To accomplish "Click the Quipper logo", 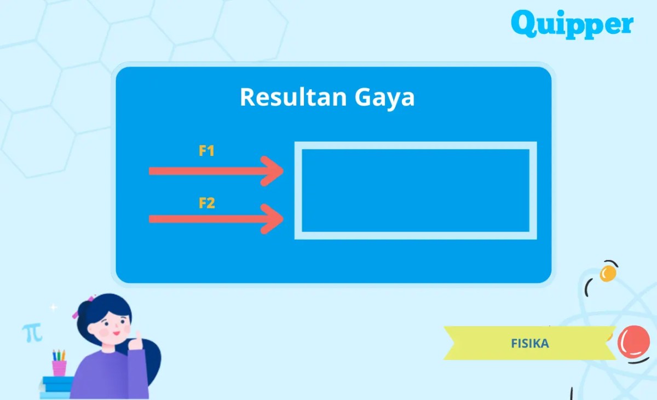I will (x=572, y=25).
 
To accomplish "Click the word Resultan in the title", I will (x=285, y=97).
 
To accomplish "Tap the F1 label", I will (x=206, y=151).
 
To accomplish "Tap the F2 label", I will (x=206, y=204).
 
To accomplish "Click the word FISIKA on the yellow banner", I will (x=529, y=344).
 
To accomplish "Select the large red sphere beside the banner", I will (x=633, y=341).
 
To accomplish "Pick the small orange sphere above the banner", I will (x=608, y=273).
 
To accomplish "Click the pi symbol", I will (x=32, y=332).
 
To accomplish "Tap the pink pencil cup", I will (x=59, y=368).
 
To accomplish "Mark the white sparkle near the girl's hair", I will (x=53, y=308).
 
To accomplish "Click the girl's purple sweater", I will (x=109, y=375).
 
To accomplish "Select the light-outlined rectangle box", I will (x=416, y=190).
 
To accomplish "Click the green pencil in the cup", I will (x=58, y=355).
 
